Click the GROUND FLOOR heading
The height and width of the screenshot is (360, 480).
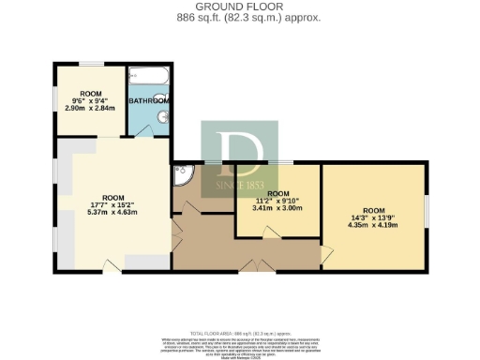coord(240,7)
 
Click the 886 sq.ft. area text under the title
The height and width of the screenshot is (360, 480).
coord(240,18)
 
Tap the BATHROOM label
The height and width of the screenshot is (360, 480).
coord(149,100)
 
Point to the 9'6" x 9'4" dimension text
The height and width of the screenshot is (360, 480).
coord(90,102)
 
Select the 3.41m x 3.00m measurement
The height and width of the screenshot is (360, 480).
coord(278,207)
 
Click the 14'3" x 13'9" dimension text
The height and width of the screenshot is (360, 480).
coord(373,217)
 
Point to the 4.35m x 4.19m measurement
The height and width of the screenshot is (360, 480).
coord(373,225)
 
